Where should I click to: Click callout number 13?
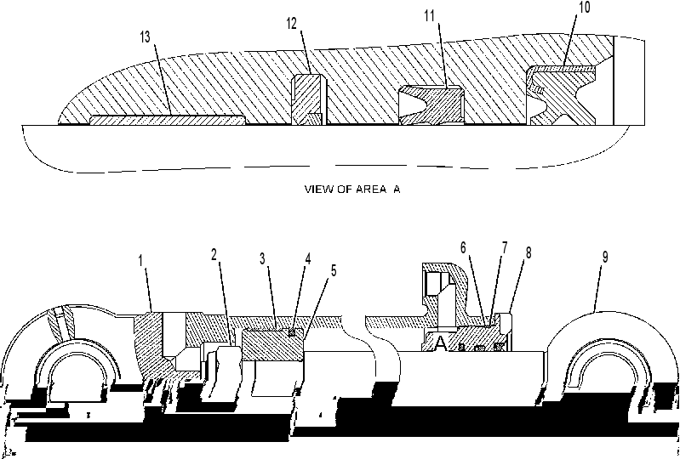point(145,37)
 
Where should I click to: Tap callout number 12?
point(291,24)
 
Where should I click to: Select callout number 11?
point(429,16)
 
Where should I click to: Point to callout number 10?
point(585,7)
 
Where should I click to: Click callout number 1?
point(140,261)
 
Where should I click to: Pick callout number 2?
point(214,255)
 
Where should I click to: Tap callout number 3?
point(262,258)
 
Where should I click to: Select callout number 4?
point(308,259)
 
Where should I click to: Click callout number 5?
point(334,270)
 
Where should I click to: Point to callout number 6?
point(463,247)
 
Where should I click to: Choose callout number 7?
point(505,247)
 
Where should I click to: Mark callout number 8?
point(529,253)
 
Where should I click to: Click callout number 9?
point(605,258)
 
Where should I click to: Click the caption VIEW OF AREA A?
point(352,190)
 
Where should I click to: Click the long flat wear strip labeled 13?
point(168,120)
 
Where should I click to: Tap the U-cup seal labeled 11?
point(431,105)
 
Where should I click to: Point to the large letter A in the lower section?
point(440,343)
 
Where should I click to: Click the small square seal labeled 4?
point(292,332)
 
